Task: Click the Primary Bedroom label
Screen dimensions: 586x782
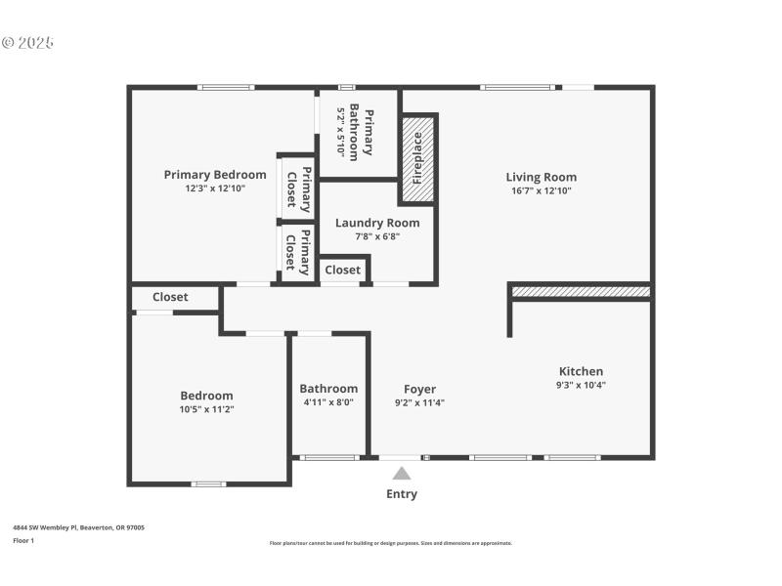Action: pyautogui.click(x=215, y=175)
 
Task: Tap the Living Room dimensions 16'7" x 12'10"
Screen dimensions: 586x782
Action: pyautogui.click(x=541, y=191)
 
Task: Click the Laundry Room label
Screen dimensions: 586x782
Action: pyautogui.click(x=377, y=223)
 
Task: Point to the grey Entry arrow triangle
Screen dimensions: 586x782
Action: pyautogui.click(x=402, y=474)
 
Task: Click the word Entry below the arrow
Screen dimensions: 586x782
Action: pyautogui.click(x=402, y=494)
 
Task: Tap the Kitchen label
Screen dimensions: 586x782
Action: pyautogui.click(x=581, y=371)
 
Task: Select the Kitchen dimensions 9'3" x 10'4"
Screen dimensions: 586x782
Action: pyautogui.click(x=581, y=385)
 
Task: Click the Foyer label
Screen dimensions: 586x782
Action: pyautogui.click(x=420, y=389)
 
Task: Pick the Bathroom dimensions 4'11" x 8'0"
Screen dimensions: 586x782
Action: pyautogui.click(x=328, y=401)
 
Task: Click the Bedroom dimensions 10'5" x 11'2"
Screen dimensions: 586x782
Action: pyautogui.click(x=207, y=409)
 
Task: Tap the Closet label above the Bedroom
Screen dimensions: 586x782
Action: pyautogui.click(x=170, y=297)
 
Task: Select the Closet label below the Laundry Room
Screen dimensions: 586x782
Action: pyautogui.click(x=342, y=270)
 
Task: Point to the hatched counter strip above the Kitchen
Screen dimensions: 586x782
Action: pyautogui.click(x=581, y=291)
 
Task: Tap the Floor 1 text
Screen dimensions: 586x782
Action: pyautogui.click(x=23, y=540)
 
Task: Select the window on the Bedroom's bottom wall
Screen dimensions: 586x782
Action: pyautogui.click(x=208, y=483)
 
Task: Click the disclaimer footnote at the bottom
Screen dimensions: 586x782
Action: pyautogui.click(x=390, y=543)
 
